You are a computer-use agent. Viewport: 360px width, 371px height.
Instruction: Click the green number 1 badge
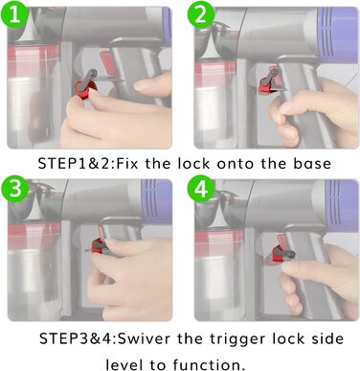[x=14, y=14]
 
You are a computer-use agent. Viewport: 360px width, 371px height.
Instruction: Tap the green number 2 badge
[x=200, y=14]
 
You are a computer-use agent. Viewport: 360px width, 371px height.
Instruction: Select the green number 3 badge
[x=14, y=189]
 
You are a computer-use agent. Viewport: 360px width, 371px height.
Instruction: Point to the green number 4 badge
[x=200, y=189]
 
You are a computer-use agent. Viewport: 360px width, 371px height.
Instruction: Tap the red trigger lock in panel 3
[x=99, y=246]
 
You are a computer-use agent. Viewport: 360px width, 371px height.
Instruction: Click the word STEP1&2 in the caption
[x=76, y=164]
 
